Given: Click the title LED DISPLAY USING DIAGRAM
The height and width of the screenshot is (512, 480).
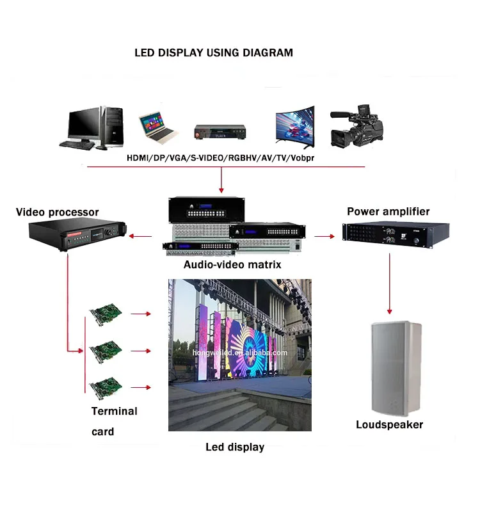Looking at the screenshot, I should point(214,52).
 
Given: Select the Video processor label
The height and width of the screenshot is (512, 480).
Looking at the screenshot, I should point(58,212).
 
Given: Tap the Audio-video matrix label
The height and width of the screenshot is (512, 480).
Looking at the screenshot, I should point(232,264).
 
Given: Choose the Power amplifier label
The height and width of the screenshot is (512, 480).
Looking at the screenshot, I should point(388,211).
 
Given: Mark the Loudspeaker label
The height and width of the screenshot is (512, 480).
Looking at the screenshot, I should point(390,424).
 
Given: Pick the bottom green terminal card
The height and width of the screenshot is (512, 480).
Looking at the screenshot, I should point(106,387).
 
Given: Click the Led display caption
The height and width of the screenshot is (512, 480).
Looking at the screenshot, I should point(235,447).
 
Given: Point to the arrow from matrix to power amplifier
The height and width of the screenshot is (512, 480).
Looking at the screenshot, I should point(325,237).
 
